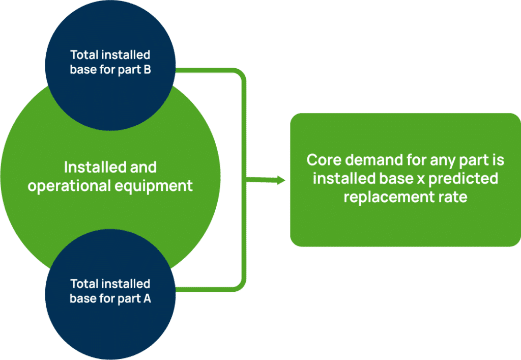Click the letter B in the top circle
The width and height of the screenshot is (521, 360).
point(147,70)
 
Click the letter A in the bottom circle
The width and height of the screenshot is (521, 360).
point(147,299)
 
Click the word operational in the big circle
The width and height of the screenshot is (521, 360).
point(64,186)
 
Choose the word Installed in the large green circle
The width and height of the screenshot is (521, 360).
point(90,167)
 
